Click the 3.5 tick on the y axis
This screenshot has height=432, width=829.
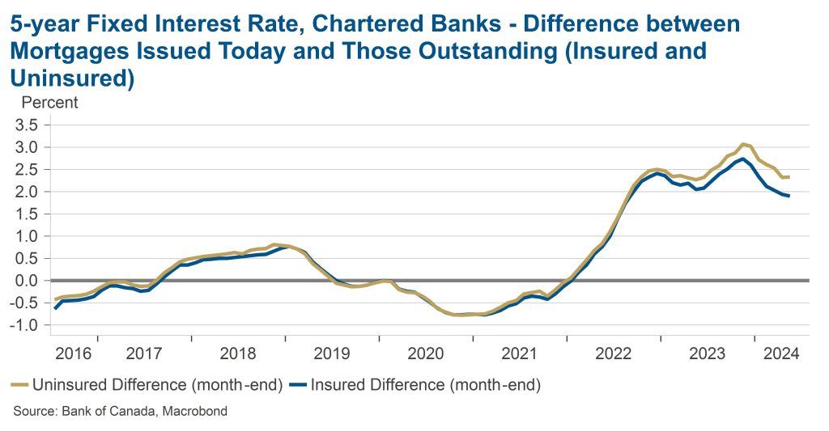pos(26,125)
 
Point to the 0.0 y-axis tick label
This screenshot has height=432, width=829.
pos(26,281)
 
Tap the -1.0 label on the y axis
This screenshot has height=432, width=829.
pos(23,325)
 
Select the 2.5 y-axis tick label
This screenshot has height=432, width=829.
pos(26,170)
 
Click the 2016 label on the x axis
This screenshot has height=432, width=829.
pos(74,354)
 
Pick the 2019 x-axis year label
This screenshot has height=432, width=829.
pos(332,354)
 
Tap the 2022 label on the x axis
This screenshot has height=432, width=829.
pos(614,354)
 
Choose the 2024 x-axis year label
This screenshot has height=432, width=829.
pos(781,354)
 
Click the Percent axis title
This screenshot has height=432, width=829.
pos(49,103)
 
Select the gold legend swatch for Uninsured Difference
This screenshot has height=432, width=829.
pos(19,385)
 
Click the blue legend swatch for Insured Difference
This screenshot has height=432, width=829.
pos(298,385)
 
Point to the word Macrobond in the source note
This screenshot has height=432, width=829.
pos(194,411)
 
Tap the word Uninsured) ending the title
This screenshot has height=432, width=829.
pos(72,78)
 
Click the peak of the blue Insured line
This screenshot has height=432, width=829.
pos(743,159)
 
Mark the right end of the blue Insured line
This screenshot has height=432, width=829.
pos(789,196)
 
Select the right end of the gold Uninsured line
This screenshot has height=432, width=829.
pos(789,177)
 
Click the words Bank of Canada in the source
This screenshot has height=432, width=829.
pos(109,411)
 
